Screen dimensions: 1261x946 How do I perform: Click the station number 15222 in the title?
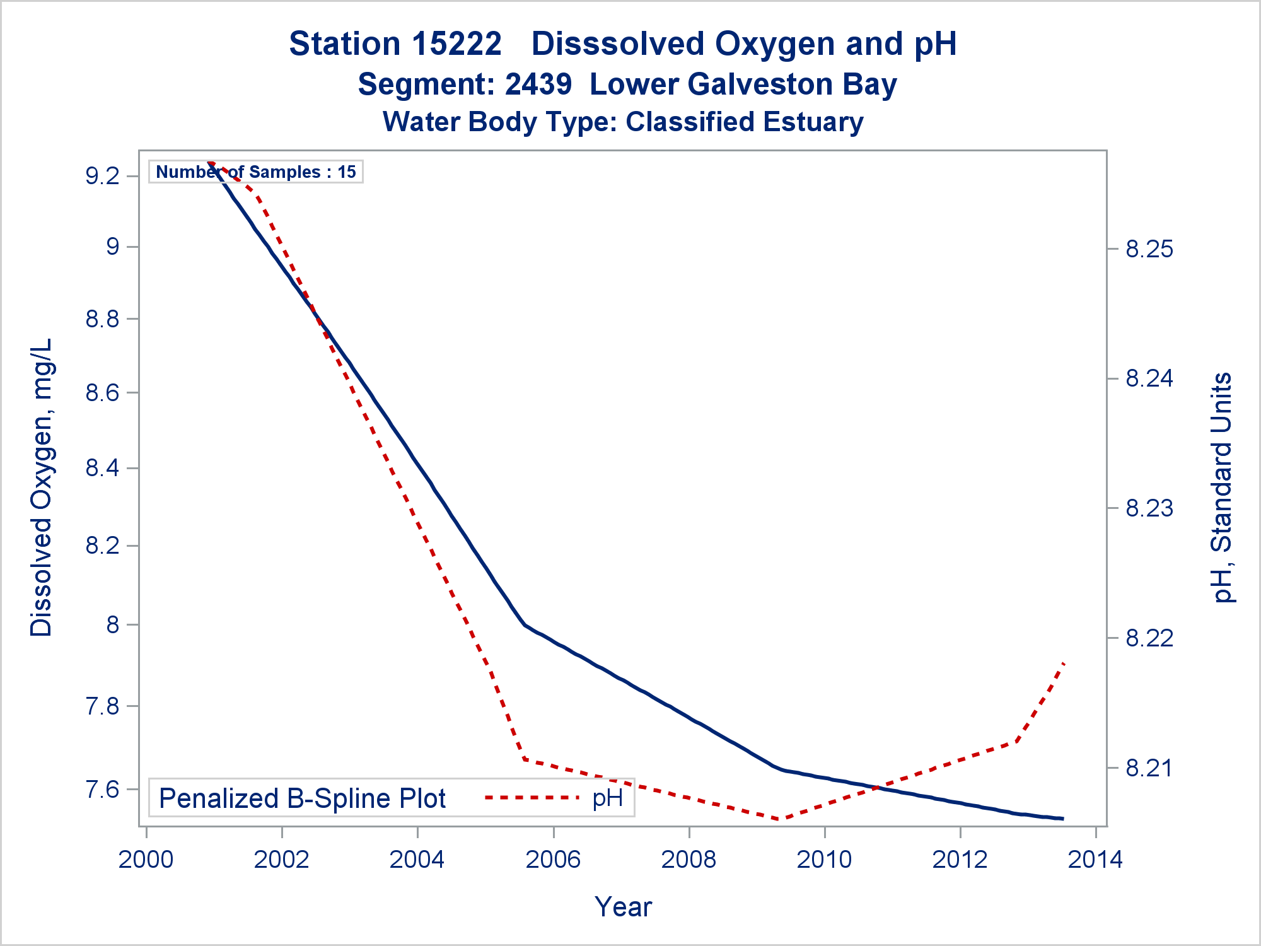coord(457,44)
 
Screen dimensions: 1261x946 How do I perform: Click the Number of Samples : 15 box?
coord(256,172)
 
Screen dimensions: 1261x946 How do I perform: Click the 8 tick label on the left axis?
coord(113,625)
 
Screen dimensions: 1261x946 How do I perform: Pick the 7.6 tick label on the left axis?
coord(103,789)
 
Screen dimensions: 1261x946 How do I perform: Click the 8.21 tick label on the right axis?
coord(1150,768)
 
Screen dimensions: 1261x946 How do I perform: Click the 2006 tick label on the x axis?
coord(553,860)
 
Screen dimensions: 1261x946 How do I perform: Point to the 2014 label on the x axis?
coord(1095,860)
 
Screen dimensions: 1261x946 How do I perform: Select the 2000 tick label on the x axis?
coord(146,860)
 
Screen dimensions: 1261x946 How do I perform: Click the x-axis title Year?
coord(623,907)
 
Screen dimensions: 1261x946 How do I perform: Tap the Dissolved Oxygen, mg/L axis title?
coord(42,488)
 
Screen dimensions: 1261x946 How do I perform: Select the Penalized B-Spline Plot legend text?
coord(303,798)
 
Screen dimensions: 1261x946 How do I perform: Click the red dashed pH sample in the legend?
coord(532,798)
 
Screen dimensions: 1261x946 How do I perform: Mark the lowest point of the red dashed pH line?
coord(781,820)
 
